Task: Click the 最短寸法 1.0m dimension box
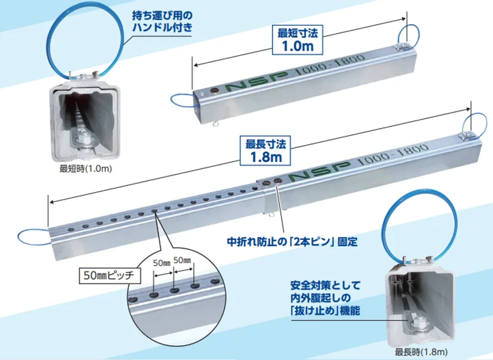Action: click(298, 41)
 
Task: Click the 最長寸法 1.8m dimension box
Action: click(265, 150)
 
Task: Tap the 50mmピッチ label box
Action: click(110, 275)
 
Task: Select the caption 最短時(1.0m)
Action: click(86, 169)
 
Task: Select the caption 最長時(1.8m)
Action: click(421, 352)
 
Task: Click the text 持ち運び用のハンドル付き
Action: click(162, 21)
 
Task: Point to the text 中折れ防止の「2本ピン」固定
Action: click(292, 242)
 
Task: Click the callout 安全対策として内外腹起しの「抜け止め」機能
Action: click(325, 298)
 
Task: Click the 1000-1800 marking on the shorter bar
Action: click(330, 64)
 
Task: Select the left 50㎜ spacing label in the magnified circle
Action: click(161, 263)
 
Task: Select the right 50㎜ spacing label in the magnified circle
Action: click(183, 261)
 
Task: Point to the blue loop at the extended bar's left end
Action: click(18, 237)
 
